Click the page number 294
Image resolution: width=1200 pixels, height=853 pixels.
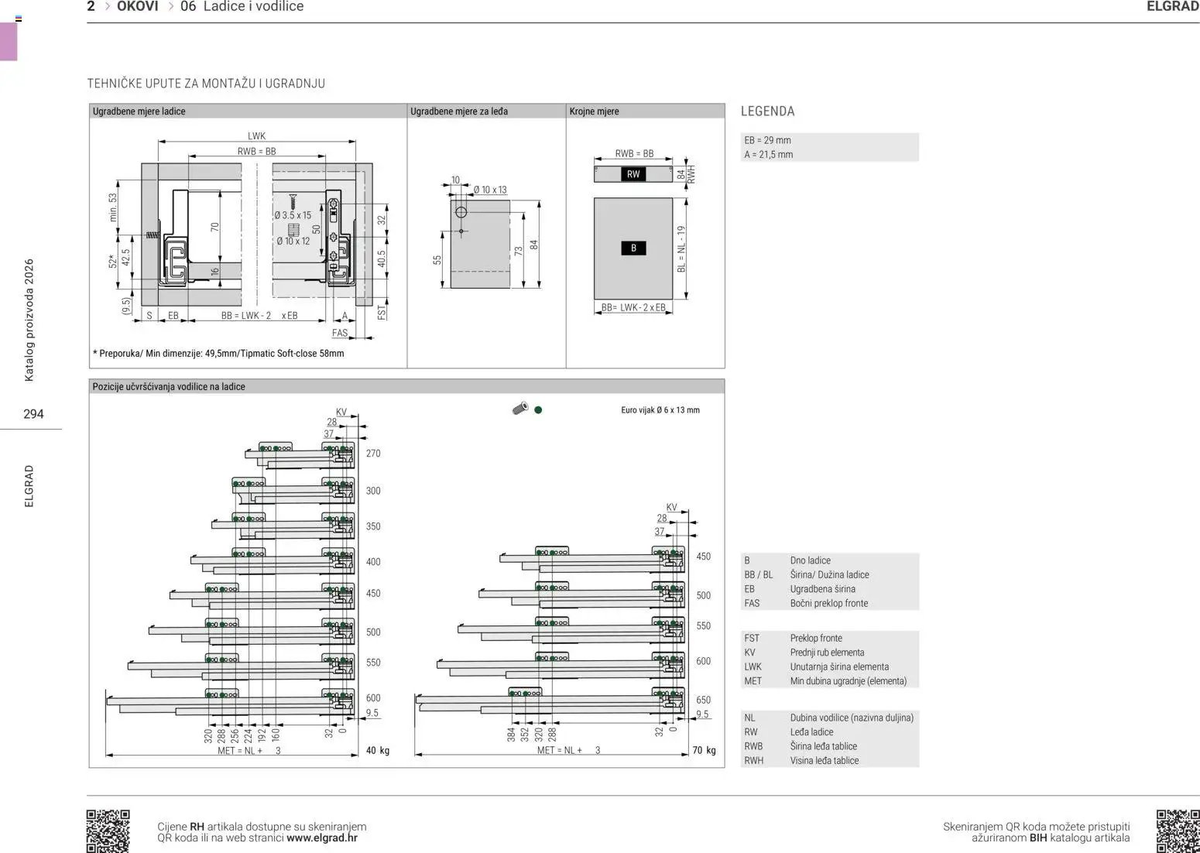[x=33, y=414]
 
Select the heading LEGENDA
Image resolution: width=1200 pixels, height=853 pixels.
[x=767, y=111]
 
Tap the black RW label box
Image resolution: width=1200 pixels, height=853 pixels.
[x=633, y=174]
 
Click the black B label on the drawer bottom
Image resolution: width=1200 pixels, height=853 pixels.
[x=633, y=248]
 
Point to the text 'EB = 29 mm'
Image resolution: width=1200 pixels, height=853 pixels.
[x=767, y=140]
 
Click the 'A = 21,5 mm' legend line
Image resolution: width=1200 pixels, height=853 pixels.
[x=768, y=155]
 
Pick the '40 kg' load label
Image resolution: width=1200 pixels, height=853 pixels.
[x=378, y=751]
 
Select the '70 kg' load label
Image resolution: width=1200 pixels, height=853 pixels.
[x=704, y=750]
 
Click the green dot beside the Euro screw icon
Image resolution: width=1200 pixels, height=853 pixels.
[x=538, y=410]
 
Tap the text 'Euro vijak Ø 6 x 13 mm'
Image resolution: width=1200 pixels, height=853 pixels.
[x=660, y=410]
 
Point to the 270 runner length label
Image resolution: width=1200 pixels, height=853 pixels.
[x=373, y=454]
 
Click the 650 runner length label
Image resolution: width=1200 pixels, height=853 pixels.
[x=704, y=700]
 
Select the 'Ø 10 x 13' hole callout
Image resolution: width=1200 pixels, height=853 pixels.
[x=489, y=190]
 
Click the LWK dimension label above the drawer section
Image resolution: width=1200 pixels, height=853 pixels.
[x=256, y=136]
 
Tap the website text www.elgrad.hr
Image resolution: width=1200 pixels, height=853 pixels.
[x=322, y=838]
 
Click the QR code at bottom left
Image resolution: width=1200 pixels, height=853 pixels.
[x=108, y=831]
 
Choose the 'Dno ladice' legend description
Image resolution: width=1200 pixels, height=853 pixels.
[x=810, y=560]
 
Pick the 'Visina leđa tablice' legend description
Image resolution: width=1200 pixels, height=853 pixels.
[x=824, y=760]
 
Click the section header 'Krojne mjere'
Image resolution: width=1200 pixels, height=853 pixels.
[x=594, y=111]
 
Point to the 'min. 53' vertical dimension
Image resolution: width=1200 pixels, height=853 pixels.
[x=113, y=207]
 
